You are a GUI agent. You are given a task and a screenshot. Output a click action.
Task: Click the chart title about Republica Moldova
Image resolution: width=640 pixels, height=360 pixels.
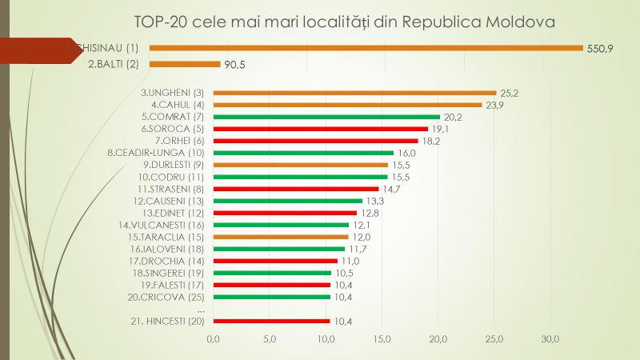tap(344, 22)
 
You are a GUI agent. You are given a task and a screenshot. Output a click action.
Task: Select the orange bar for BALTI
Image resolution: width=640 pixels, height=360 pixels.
tap(185, 64)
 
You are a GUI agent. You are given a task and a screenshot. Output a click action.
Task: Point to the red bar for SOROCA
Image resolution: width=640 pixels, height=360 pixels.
tap(320, 128)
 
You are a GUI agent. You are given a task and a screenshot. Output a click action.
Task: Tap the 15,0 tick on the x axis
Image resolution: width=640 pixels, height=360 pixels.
tap(382, 339)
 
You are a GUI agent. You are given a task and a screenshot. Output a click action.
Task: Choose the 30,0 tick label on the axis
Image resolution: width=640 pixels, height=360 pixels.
tap(550, 339)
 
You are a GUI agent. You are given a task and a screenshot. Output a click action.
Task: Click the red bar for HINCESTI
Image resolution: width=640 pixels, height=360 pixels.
tap(271, 321)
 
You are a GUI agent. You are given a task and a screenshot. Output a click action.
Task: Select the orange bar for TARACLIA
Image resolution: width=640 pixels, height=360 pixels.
tap(281, 237)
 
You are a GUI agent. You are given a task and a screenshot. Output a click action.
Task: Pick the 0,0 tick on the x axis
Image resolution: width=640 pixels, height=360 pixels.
tap(214, 339)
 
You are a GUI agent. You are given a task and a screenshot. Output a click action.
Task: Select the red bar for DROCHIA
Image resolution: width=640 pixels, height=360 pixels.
tap(275, 261)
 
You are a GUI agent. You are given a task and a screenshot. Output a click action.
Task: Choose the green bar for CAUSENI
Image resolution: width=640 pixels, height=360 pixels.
tap(288, 201)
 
